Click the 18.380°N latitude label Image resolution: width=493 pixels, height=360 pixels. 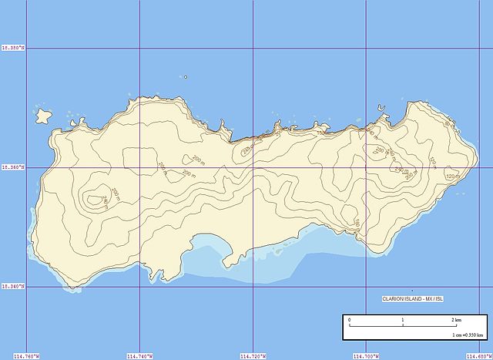pyautogui.click(x=13, y=49)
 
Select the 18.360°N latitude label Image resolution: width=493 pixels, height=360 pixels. pyautogui.click(x=13, y=167)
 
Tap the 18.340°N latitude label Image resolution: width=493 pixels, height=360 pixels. pyautogui.click(x=13, y=287)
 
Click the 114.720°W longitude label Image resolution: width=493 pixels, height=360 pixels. pyautogui.click(x=253, y=355)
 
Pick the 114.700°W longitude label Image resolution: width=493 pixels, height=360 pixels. pyautogui.click(x=365, y=355)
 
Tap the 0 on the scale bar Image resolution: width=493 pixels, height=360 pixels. pyautogui.click(x=349, y=320)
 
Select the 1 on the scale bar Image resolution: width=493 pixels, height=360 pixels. pyautogui.click(x=402, y=320)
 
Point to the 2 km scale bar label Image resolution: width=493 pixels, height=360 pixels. pyautogui.click(x=457, y=320)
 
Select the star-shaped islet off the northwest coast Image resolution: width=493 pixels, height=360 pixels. pyautogui.click(x=43, y=116)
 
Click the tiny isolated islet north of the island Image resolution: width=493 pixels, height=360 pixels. pyautogui.click(x=185, y=76)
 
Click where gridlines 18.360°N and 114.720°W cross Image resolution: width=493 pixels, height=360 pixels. pyautogui.click(x=253, y=167)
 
